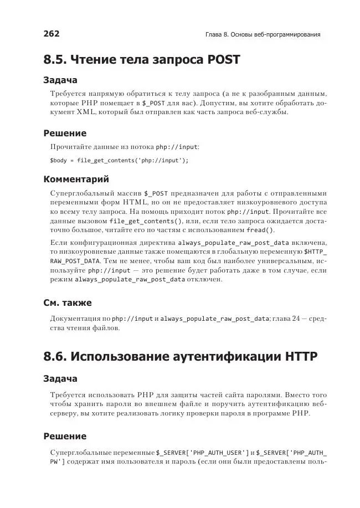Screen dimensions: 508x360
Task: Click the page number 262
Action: (52, 34)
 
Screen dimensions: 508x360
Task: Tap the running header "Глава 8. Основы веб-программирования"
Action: (263, 35)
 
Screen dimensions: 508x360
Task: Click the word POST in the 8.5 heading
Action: (222, 60)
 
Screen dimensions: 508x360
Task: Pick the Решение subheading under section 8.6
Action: (65, 436)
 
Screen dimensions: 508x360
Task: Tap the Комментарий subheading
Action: (76, 179)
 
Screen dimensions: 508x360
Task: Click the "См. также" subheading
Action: (68, 303)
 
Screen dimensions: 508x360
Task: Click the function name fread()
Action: (259, 230)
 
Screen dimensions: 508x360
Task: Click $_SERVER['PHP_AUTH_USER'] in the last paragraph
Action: (203, 452)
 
